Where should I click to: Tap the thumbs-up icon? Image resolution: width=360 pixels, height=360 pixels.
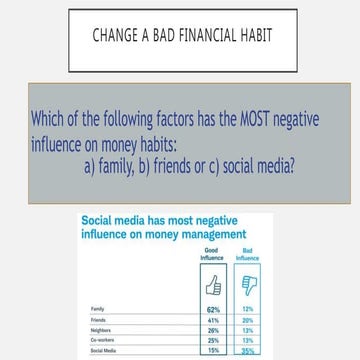pyautogui.click(x=212, y=286)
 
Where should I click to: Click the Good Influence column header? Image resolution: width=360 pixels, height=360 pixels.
pyautogui.click(x=211, y=252)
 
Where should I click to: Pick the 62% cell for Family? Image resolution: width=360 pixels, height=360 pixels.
pyautogui.click(x=212, y=310)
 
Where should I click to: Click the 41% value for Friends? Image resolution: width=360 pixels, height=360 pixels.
pyautogui.click(x=212, y=321)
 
